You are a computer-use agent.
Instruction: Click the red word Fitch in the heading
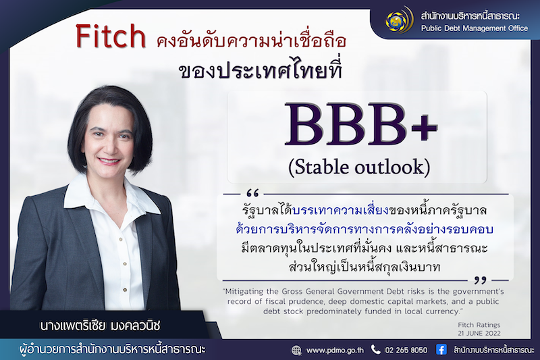coord(111,36)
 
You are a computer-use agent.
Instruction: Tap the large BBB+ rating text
coord(361,124)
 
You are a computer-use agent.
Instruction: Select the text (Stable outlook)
coord(359,168)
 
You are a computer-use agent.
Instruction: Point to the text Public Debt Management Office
coord(475,28)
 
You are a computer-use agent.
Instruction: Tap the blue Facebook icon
coord(441,349)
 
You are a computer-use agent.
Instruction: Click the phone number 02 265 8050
coord(406,350)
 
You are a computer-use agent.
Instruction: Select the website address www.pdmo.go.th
coord(334,351)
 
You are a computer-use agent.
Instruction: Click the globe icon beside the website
coord(296,350)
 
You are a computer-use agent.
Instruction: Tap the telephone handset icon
coord(375,350)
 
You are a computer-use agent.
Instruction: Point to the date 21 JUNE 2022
coord(479,333)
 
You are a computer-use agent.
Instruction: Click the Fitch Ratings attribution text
coord(479,324)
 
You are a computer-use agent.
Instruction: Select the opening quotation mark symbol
coord(252,192)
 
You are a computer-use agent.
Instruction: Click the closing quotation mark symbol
coord(480,280)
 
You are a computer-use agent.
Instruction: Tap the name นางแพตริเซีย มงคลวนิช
coord(100,326)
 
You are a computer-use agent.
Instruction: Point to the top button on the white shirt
coord(121,238)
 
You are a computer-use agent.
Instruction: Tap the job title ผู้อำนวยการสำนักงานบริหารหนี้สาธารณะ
coord(112,349)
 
